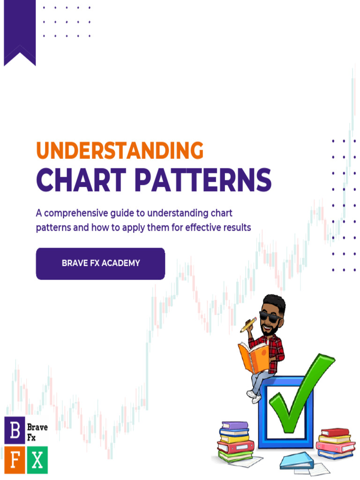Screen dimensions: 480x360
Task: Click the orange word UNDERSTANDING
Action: coord(120,151)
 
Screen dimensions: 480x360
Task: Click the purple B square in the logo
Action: coord(15,430)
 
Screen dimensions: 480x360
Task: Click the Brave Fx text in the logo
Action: coord(37,432)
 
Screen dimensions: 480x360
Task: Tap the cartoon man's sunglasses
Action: coord(270,316)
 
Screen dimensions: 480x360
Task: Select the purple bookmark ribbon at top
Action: coord(20,31)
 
